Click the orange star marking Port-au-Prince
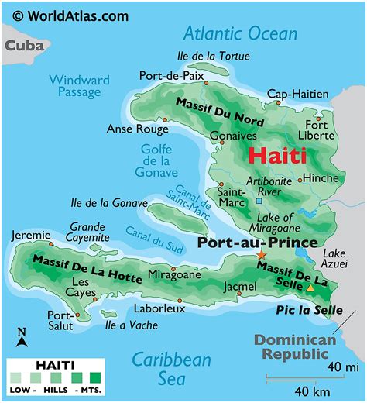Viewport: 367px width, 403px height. click(x=261, y=254)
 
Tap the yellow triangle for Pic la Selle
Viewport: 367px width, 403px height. click(x=310, y=288)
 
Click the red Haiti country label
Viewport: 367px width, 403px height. click(x=276, y=154)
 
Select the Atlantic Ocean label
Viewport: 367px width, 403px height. click(x=240, y=33)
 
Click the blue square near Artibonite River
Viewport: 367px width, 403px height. click(x=259, y=201)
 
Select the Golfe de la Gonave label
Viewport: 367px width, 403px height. click(x=159, y=160)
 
